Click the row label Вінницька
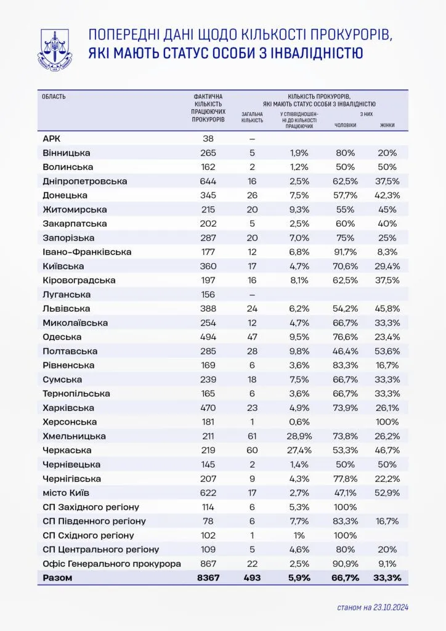(67, 153)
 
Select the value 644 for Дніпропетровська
(208, 181)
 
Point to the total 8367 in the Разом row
(208, 578)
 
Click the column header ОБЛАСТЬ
(54, 97)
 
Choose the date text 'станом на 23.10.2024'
(373, 608)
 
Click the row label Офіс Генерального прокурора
(111, 564)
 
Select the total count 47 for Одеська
(251, 337)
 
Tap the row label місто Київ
(68, 493)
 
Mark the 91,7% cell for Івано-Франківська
(344, 252)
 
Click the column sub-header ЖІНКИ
(387, 126)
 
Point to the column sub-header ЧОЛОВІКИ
(345, 126)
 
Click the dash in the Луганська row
(251, 295)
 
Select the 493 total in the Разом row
(251, 578)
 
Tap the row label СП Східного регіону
(88, 535)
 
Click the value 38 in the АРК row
(208, 139)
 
